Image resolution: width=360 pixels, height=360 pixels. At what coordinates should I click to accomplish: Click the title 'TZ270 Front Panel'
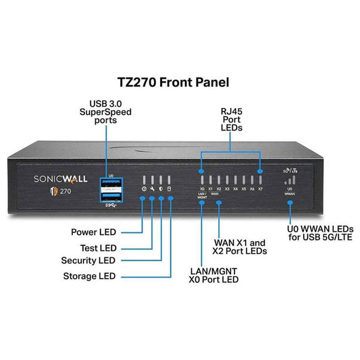(180, 82)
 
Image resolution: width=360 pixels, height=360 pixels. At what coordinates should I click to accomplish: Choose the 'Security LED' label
(88, 260)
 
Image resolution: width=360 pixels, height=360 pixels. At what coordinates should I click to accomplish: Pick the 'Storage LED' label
(89, 276)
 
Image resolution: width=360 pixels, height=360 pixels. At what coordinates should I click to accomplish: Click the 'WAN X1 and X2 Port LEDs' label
(240, 245)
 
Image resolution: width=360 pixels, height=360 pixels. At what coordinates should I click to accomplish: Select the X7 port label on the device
(260, 188)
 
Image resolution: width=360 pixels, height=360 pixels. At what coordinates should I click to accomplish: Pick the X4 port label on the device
(235, 188)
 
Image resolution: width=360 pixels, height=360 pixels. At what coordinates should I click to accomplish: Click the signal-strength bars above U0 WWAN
(290, 180)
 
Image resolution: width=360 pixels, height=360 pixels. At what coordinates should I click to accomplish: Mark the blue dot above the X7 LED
(260, 154)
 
